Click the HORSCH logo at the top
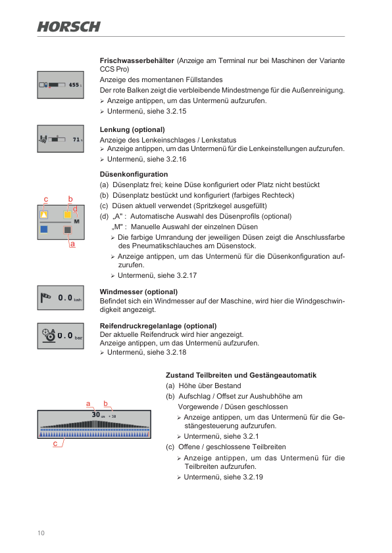pos(69,26)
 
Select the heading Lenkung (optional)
pos(132,130)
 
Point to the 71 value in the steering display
pos(76,140)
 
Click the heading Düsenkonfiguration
pos(134,175)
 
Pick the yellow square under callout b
pos(67,215)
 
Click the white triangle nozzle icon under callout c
pos(44,215)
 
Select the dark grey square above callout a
pos(67,230)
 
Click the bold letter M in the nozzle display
pos(76,222)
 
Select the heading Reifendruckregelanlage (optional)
pos(158,326)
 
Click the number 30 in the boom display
pos(95,414)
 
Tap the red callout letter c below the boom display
pos(55,445)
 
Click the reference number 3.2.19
pos(251,477)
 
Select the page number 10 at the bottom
pos(41,533)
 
